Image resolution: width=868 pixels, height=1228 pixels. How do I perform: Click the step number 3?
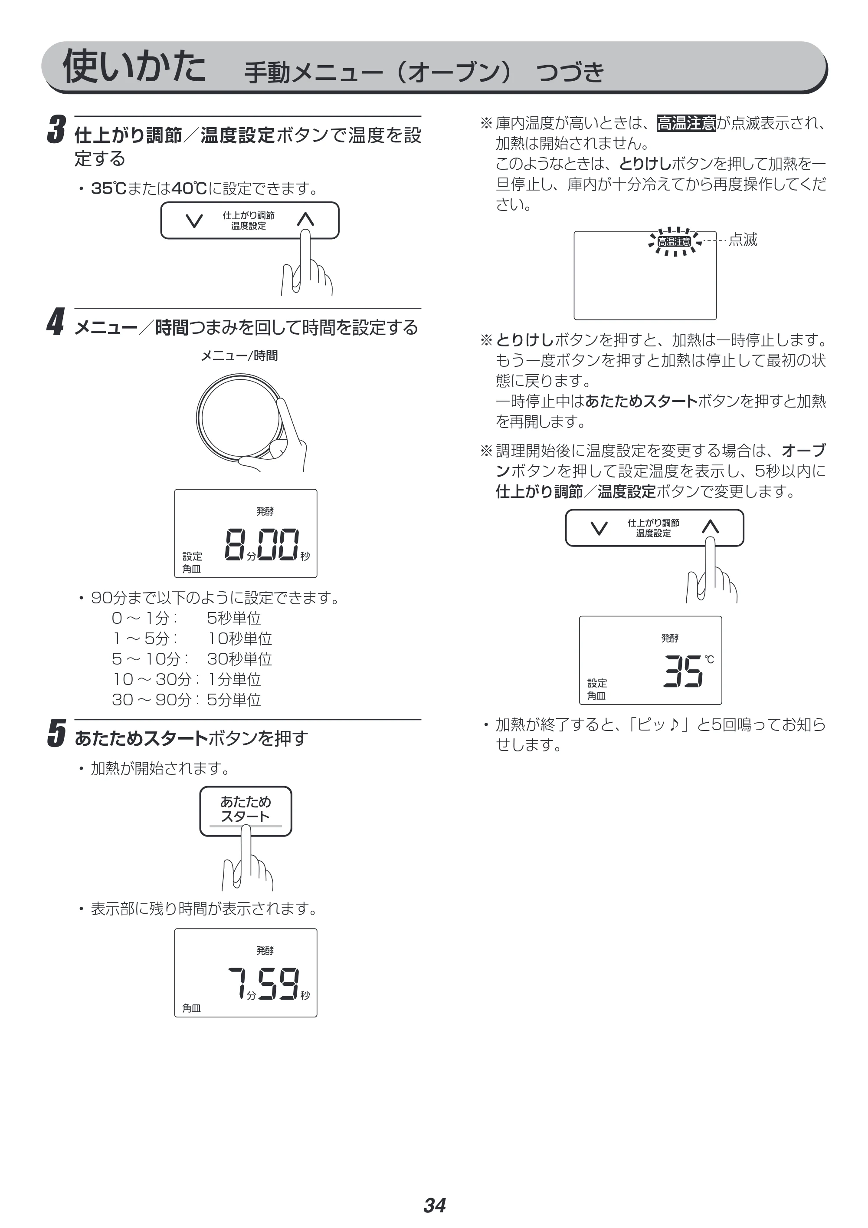57,130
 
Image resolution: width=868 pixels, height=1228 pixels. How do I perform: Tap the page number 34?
435,1190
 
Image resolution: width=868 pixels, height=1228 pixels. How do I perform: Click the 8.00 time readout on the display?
262,544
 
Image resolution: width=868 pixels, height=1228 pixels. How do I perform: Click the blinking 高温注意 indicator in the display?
674,242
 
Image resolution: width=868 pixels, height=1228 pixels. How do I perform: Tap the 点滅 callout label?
743,240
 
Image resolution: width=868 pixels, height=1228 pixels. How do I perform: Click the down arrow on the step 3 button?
194,221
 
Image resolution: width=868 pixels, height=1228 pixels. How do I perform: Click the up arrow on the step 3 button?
305,219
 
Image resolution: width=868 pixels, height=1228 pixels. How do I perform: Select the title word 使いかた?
134,66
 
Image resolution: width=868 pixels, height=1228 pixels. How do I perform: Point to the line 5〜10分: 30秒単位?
192,658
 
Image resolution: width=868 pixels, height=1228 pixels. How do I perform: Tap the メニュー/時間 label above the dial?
239,356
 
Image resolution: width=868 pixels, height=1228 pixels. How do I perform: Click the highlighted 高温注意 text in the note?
686,124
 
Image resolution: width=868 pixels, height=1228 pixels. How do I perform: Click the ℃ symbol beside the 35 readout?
709,659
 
